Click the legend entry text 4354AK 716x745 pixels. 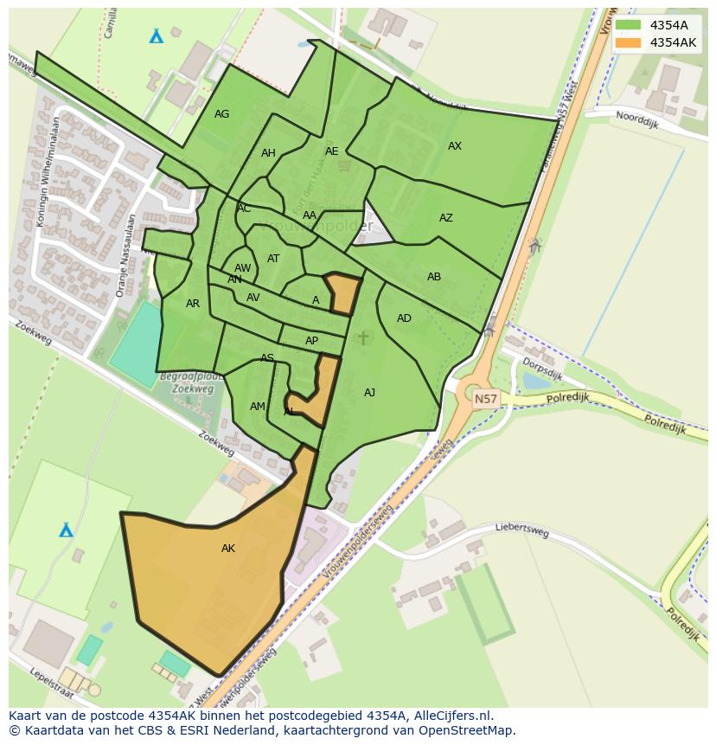[674, 42]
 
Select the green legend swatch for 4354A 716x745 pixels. [628, 25]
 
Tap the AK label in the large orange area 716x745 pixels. [228, 549]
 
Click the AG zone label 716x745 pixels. [222, 114]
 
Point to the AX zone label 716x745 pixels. [455, 146]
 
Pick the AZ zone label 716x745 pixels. [446, 218]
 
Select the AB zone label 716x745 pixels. [434, 277]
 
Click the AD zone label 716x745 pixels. [404, 318]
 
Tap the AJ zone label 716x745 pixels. [370, 393]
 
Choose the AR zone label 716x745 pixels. [193, 304]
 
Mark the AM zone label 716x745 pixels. [258, 407]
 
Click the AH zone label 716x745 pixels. [268, 153]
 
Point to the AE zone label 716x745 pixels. [332, 151]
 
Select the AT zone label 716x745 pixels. [273, 259]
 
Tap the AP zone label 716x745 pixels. [311, 341]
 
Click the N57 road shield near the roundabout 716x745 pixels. [486, 399]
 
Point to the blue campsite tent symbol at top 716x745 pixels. [157, 36]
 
